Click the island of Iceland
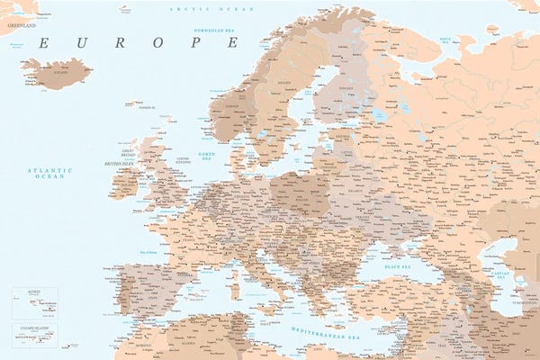point(57,72)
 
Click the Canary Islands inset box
point(34,335)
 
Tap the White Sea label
point(445,40)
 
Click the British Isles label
point(119,164)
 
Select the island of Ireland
point(123,184)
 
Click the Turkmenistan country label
point(521,301)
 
